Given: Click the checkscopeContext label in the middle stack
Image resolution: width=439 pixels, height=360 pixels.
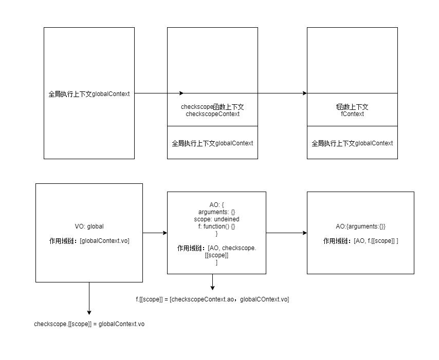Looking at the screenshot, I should pos(212,114).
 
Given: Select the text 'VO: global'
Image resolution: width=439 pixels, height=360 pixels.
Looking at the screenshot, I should pos(89,226).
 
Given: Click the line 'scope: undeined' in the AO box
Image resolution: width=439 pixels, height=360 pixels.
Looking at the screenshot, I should pos(216,219).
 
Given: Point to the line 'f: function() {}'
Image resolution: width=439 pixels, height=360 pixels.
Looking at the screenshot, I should pos(216,226).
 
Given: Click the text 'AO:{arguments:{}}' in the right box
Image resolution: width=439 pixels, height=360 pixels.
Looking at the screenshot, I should pos(360,226).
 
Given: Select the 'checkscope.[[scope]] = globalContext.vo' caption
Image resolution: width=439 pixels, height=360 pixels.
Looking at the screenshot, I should pos(89,324).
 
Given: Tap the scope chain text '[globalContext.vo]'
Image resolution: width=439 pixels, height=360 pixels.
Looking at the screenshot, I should pos(105,240).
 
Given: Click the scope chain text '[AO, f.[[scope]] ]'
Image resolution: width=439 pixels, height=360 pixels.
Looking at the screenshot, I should pos(376,240).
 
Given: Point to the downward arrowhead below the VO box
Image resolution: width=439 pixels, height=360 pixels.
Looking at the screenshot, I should pos(89,312).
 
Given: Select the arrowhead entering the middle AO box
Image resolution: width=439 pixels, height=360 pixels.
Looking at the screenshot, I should pos(164,233).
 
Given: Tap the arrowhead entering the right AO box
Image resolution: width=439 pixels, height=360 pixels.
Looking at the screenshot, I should pos(304,233).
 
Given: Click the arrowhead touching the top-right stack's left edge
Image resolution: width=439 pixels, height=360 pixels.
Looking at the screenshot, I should pos(304,93).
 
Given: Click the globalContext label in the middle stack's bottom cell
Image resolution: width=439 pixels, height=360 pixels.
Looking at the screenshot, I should pos(212,143).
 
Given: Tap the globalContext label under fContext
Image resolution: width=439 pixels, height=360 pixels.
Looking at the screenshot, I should pos(352,143).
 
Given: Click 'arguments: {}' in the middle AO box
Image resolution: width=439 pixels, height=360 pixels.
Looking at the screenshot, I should pos(216,212).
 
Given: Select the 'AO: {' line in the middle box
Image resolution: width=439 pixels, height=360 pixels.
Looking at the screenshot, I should pos(216,204).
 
